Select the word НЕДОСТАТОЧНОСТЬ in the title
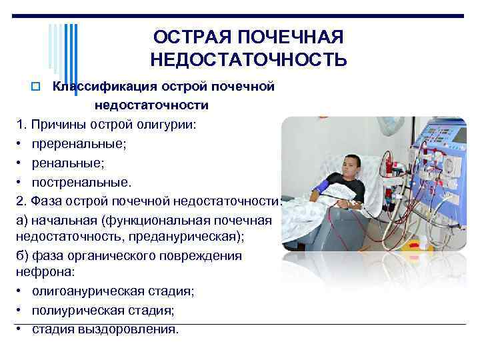[248, 61]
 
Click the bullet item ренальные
[67, 162]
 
